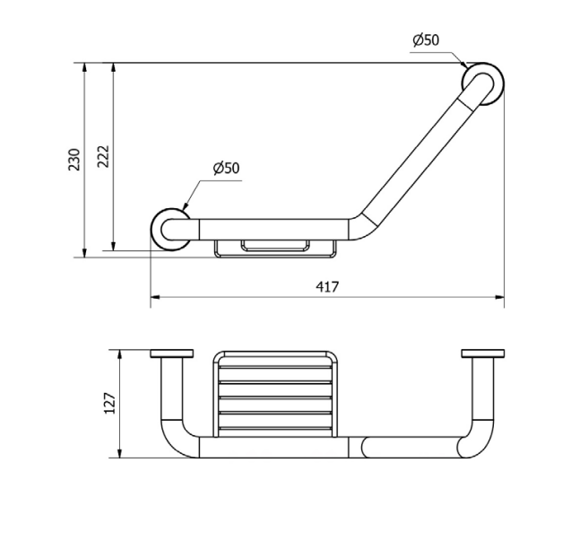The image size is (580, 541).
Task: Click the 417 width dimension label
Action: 327,286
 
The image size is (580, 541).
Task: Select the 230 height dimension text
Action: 74,159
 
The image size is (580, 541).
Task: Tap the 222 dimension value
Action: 104,156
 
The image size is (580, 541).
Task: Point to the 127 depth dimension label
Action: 110,403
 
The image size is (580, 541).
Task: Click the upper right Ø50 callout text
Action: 426,40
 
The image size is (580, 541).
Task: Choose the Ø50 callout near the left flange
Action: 227,168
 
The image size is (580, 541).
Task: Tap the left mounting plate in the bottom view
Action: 172,353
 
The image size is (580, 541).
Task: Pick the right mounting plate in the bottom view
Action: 483,353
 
